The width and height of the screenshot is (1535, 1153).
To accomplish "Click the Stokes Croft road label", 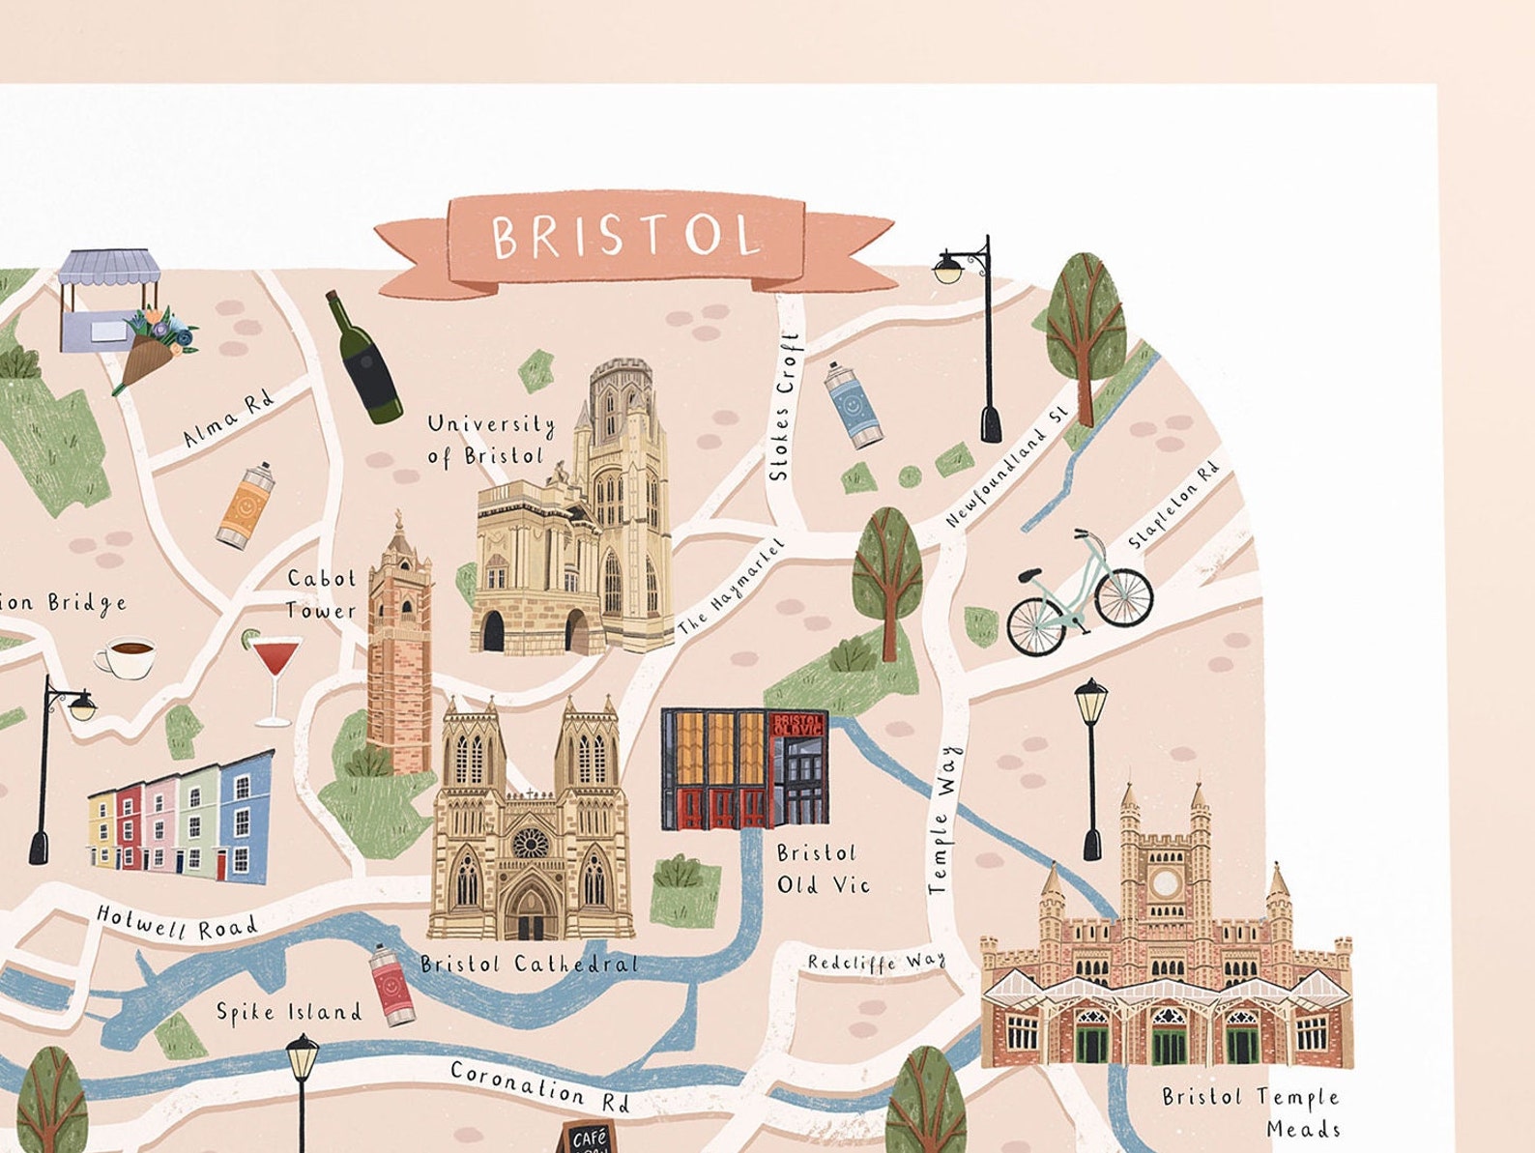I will pos(785,407).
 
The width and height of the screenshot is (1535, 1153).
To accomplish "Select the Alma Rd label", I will pos(229,418).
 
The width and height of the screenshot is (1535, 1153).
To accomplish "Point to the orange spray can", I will pos(246,504).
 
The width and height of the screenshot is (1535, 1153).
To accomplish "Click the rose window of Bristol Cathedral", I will pos(529,843).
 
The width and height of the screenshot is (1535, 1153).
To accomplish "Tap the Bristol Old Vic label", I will pos(823,869).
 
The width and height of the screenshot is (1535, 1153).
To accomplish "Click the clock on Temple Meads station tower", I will pos(1167,881).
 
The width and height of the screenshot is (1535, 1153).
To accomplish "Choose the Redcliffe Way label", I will pos(877,963).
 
